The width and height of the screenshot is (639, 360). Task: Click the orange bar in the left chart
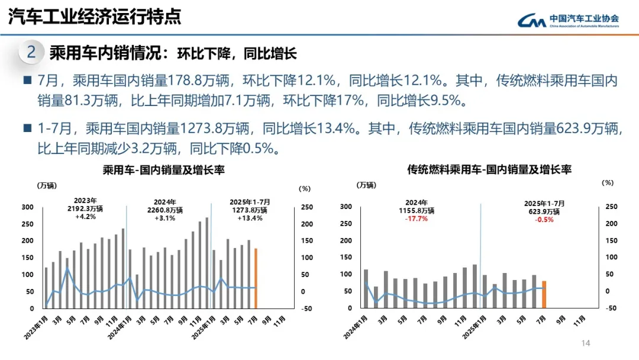coord(256,278)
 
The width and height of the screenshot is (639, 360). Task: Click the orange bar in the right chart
coord(544,294)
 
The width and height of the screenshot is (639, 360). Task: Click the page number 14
coord(586,343)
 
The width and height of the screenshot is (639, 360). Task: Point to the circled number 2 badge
coord(31,53)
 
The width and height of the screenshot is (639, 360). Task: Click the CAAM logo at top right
coord(569,21)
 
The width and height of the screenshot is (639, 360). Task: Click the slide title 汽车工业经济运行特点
coord(94,17)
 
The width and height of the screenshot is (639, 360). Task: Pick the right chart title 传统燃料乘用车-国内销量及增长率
coord(489,170)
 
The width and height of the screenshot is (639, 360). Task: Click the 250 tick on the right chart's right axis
coord(612,207)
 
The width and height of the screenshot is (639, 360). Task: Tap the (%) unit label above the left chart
coord(304,189)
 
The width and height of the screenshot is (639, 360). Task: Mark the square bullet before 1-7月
coord(27,127)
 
